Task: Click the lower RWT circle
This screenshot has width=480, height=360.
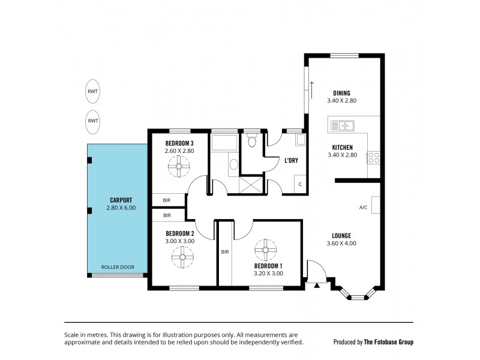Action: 93,120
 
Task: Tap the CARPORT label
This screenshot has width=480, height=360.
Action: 116,200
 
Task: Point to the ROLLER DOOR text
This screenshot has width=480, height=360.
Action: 118,267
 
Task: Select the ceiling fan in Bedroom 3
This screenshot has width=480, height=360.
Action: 179,169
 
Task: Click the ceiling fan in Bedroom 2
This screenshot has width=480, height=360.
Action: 179,257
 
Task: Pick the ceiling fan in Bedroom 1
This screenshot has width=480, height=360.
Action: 264,249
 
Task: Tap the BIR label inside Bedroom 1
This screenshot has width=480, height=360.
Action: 224,253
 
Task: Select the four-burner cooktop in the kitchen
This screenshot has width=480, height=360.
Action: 373,158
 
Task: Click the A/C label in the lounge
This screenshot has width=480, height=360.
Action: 363,208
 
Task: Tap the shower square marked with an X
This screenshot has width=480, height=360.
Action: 253,185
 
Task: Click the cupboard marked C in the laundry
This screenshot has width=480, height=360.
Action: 299,184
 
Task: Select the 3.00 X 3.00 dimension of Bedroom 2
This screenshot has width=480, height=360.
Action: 179,241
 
